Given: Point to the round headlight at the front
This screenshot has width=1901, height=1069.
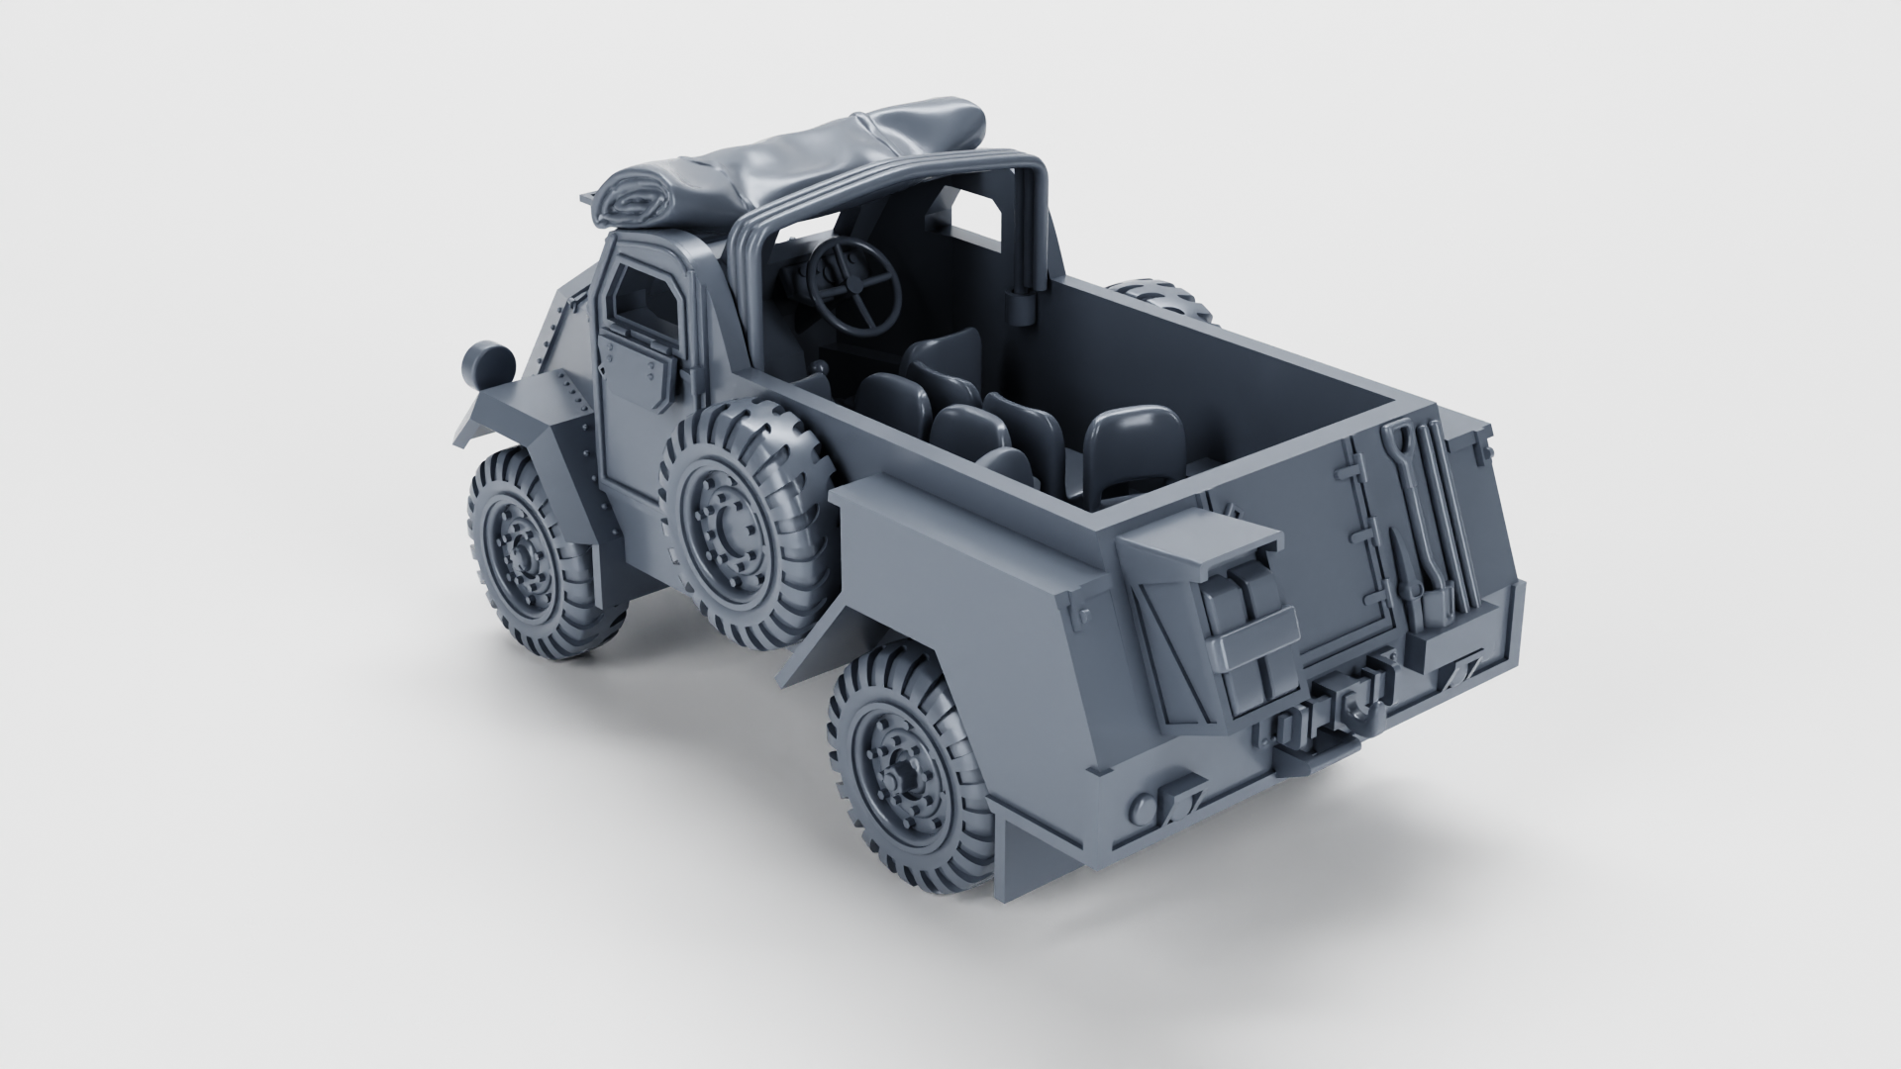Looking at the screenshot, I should click(x=488, y=364).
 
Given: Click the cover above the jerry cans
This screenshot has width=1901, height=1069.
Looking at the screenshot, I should click(x=1203, y=539).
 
